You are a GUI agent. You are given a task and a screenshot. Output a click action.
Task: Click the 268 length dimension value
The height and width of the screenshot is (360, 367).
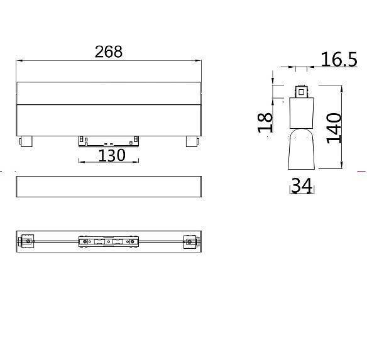pos(108,52)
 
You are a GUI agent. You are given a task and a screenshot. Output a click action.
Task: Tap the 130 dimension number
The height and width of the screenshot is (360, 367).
pos(112,155)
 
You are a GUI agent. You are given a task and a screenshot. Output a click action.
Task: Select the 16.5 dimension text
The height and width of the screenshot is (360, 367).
pos(339,60)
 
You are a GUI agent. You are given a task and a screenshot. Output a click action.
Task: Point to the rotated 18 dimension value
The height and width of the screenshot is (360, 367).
pos(265,121)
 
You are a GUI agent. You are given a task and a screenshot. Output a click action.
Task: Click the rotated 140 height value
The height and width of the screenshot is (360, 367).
pos(333,128)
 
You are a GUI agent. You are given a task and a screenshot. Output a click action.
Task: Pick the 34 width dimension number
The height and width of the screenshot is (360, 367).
pos(302,186)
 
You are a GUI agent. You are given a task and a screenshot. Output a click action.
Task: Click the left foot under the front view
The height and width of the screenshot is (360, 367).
pos(25,141)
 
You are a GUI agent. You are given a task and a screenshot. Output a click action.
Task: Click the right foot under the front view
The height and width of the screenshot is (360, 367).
pos(191,141)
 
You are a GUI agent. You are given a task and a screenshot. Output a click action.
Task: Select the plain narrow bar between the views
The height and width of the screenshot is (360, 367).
pos(108,187)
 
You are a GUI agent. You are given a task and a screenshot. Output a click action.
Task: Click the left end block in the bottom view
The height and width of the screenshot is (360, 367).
pos(26,241)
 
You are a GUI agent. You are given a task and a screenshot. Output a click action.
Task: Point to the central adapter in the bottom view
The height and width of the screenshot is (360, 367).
pos(108,241)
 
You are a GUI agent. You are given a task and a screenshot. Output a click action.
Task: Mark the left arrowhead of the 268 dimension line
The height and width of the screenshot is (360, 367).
pos(18,61)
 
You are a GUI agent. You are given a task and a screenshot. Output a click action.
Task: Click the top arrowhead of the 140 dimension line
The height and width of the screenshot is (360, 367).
pos(341,88)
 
